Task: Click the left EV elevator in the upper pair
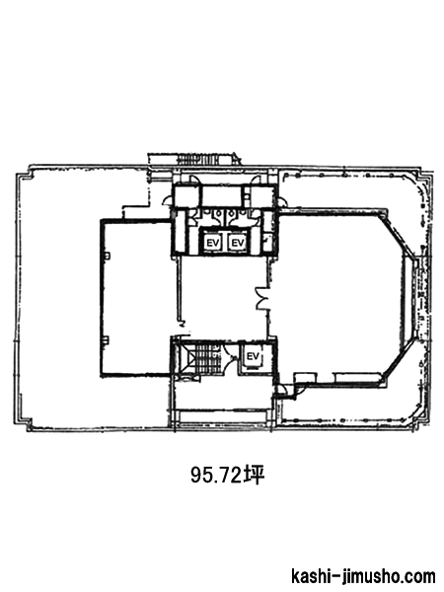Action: pos(212,243)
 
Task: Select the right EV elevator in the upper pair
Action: pos(238,243)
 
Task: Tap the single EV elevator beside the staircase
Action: pos(253,357)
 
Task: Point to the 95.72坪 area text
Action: pos(227,476)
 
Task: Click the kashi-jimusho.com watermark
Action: pos(363,577)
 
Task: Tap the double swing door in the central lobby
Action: pos(262,298)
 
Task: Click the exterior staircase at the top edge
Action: pos(196,159)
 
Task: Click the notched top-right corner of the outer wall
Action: pos(423,177)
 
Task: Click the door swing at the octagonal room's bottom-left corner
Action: pos(288,391)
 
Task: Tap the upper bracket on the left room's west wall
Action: pos(107,256)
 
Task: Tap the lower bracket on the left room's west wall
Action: pos(107,340)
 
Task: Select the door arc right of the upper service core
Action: pos(281,202)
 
